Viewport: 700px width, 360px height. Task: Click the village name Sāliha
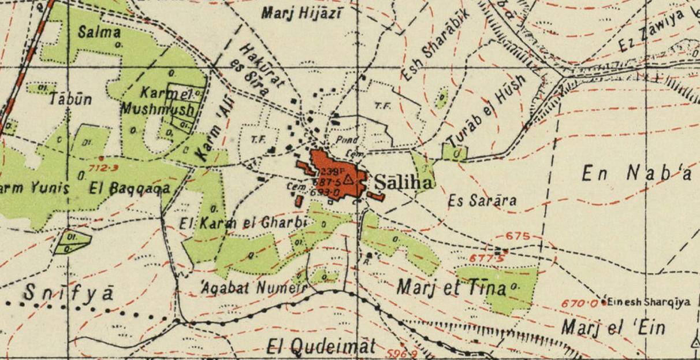click(x=403, y=183)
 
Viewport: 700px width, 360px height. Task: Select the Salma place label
click(x=99, y=32)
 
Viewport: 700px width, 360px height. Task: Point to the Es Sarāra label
click(x=482, y=201)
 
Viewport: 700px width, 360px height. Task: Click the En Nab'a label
click(x=636, y=175)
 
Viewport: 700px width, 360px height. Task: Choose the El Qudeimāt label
click(x=321, y=347)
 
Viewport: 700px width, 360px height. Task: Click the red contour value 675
click(x=516, y=236)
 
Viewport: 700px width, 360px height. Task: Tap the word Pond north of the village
click(x=347, y=139)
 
